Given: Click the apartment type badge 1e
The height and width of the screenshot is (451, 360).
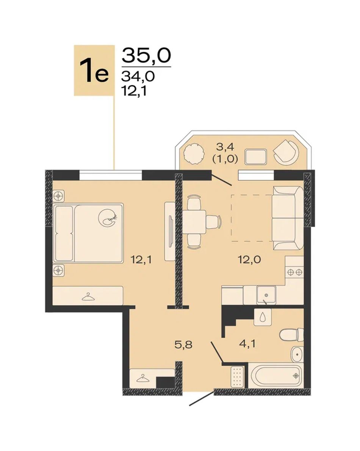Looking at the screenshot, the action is [x=94, y=70].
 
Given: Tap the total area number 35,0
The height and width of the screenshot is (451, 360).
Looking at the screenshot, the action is [x=147, y=55].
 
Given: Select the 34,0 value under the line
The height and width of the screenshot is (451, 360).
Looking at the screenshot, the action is [x=138, y=76].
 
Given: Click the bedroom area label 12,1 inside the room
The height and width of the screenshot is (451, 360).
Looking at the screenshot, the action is [x=141, y=260].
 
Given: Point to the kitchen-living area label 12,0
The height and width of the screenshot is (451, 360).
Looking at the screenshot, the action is [x=249, y=260].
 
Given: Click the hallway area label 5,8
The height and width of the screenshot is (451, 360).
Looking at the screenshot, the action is [x=183, y=344].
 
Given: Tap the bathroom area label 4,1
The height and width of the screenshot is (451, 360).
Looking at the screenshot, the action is [x=247, y=344].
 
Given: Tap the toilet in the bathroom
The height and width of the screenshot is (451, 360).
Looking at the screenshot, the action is [x=291, y=334].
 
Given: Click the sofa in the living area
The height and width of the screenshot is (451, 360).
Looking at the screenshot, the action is [x=288, y=218].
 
